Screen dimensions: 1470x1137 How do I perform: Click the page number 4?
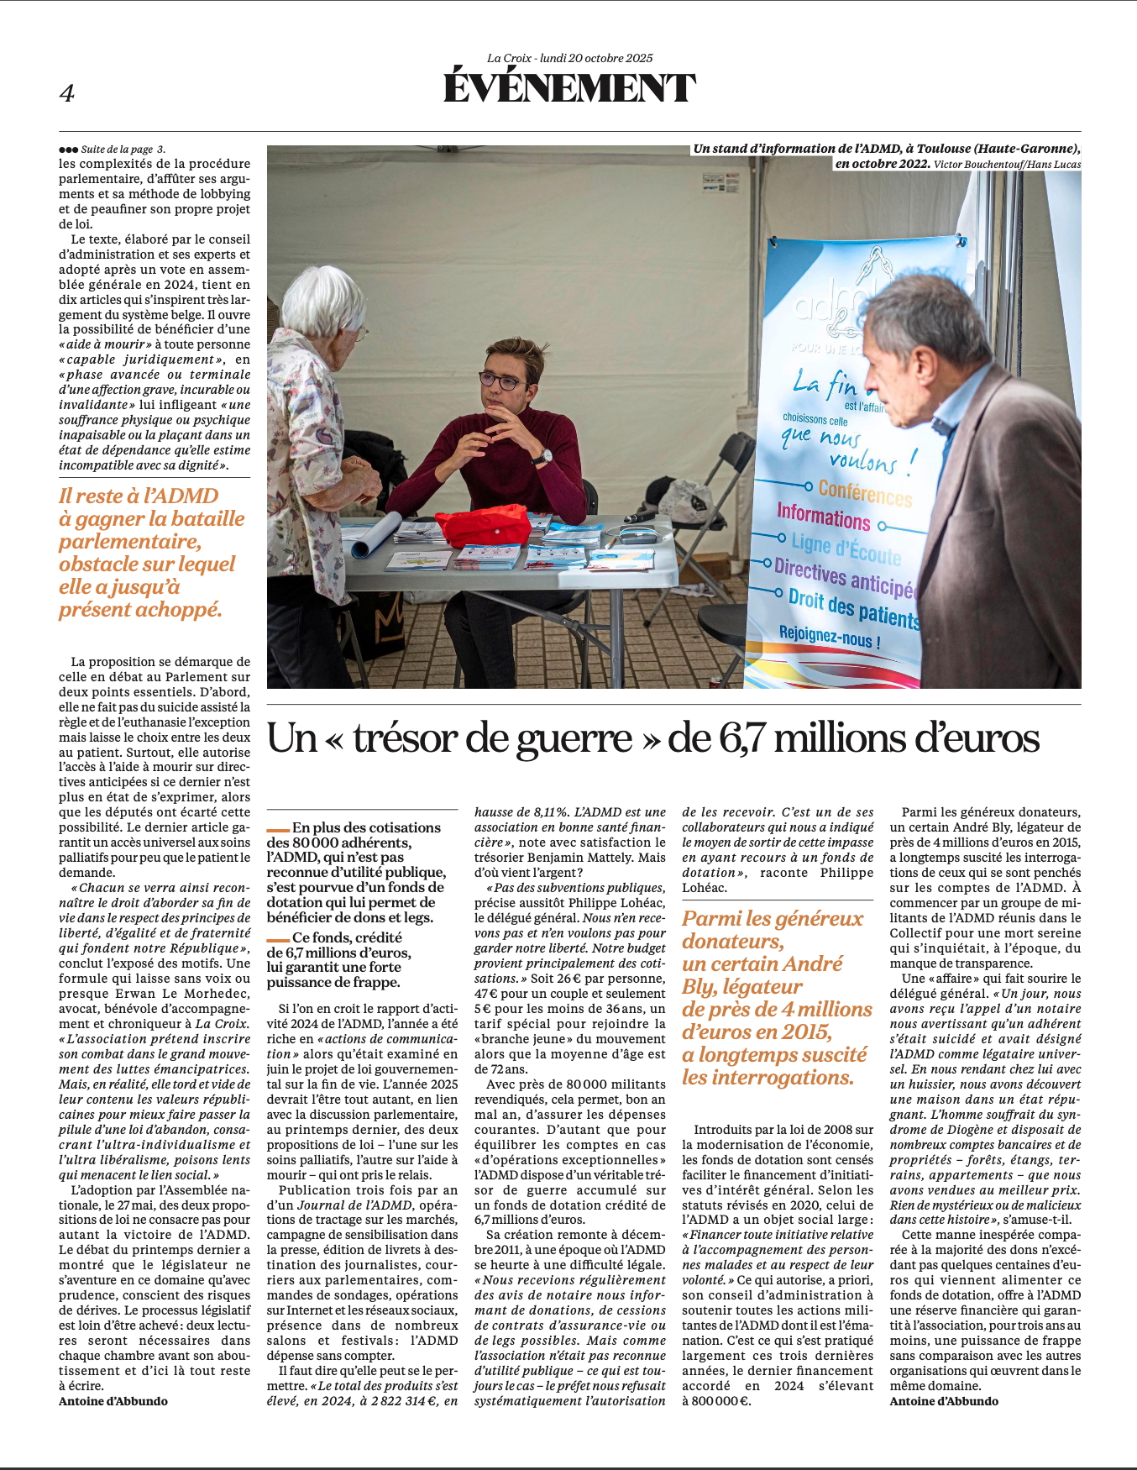[67, 93]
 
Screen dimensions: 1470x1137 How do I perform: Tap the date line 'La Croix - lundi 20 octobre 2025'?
[569, 58]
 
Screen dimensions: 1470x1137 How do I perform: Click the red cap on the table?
[482, 525]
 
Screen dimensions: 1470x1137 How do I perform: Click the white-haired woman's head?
[322, 302]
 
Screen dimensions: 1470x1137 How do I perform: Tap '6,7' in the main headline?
[741, 739]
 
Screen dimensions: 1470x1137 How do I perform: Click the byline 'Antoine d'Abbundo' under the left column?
[113, 1401]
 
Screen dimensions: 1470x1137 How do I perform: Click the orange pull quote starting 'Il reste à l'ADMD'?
[151, 552]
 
